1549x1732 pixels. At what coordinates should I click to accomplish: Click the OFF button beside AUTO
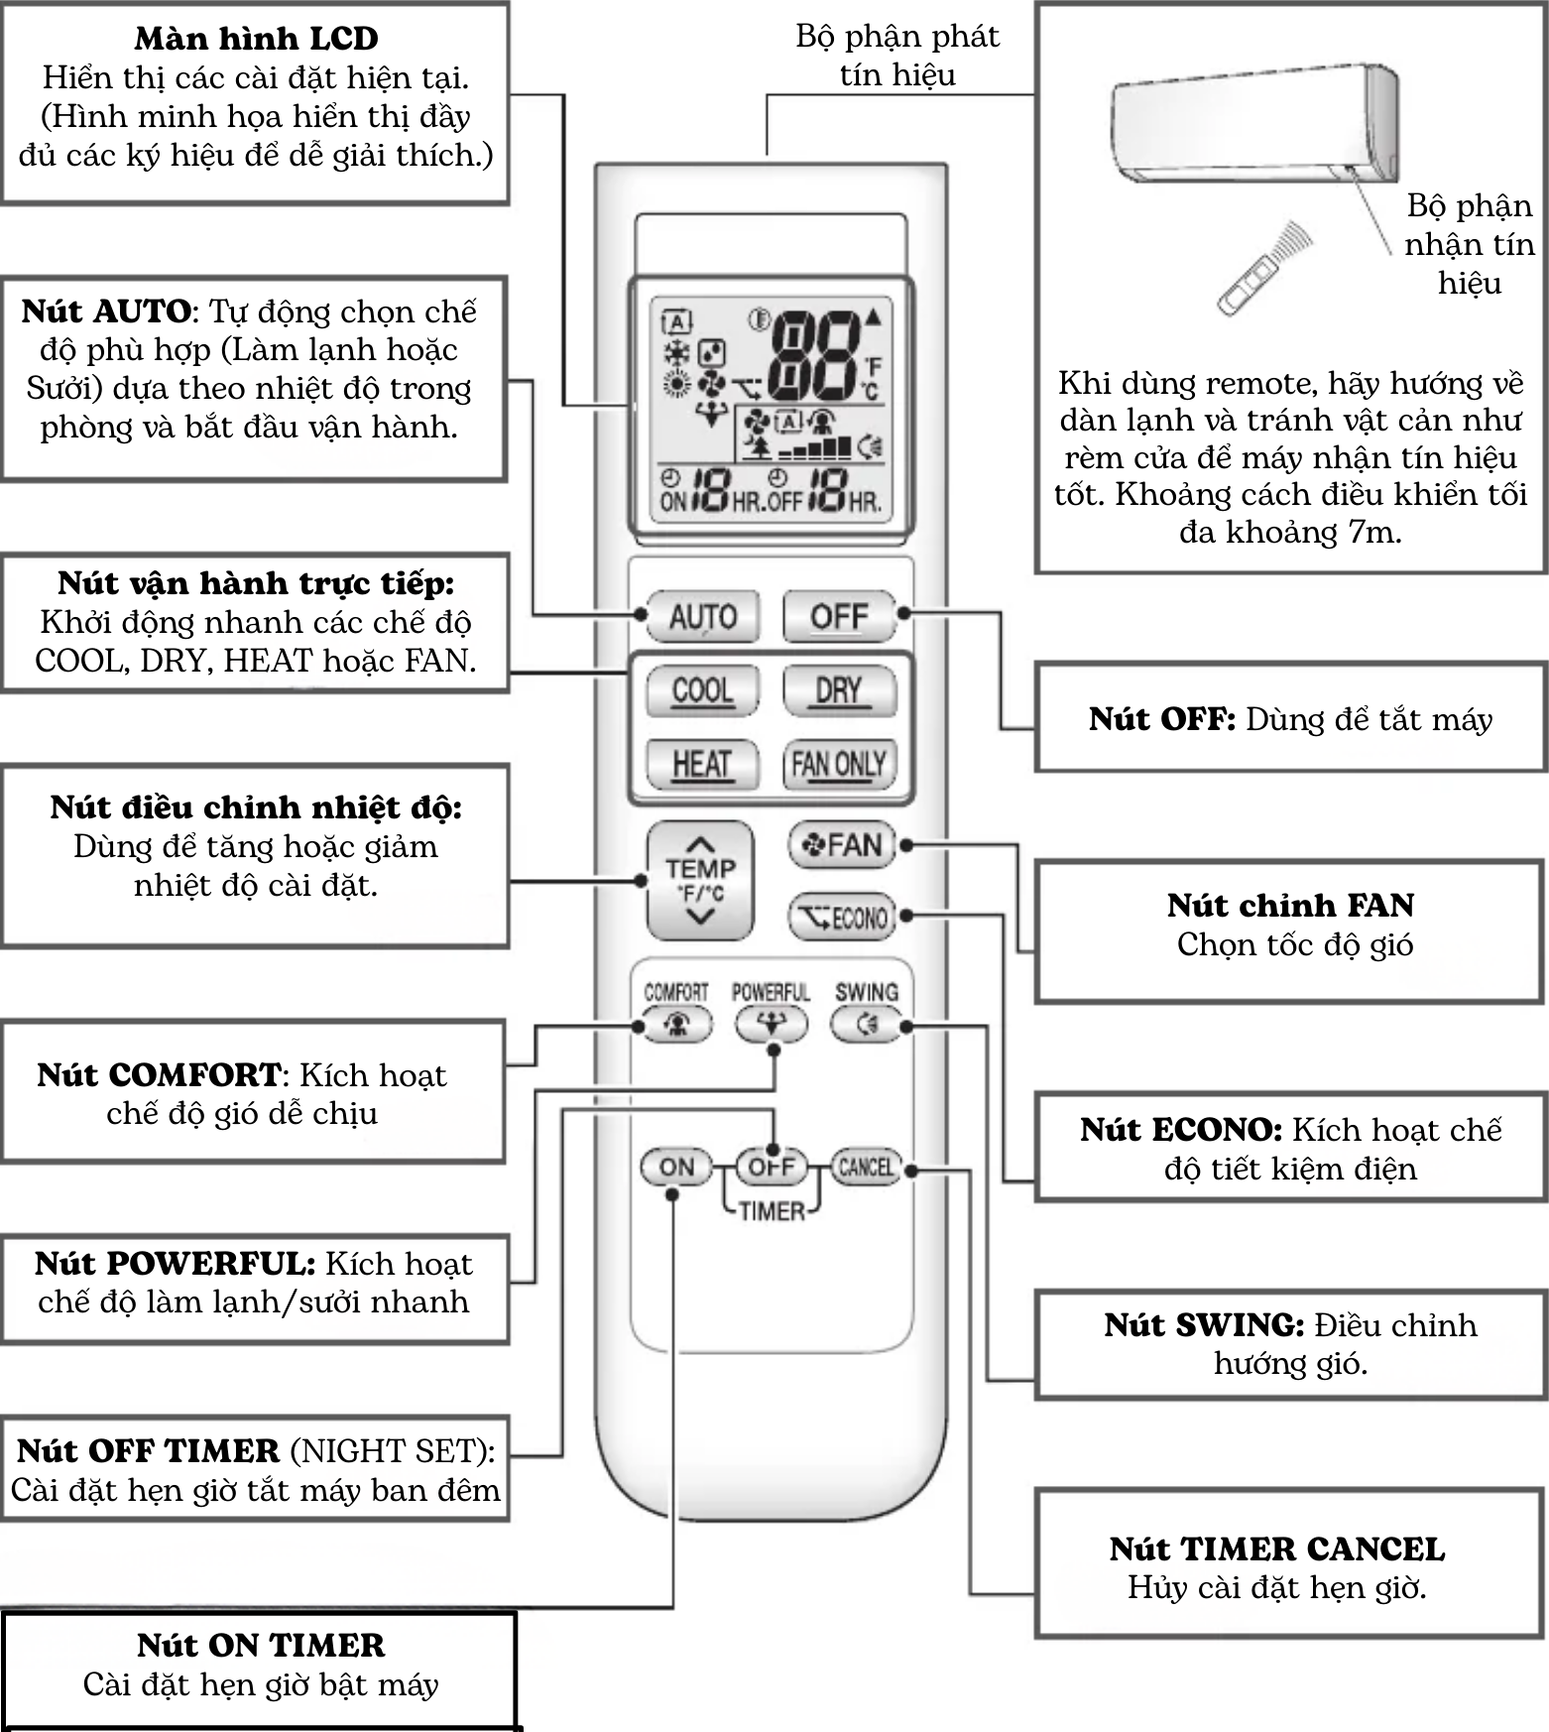(838, 617)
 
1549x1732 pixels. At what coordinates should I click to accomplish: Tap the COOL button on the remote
(702, 689)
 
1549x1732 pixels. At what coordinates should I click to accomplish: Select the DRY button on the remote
(838, 689)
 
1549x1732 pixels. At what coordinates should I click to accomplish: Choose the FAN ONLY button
(838, 764)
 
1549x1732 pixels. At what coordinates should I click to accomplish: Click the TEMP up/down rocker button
(700, 880)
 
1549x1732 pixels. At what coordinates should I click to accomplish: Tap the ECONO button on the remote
(841, 918)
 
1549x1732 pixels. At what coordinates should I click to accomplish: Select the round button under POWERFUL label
(771, 1024)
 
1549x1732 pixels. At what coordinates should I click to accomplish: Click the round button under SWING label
(866, 1024)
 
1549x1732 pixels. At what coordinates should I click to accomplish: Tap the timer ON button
(676, 1167)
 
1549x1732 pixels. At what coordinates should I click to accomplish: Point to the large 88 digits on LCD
(815, 355)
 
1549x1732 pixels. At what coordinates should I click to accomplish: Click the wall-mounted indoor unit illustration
(1255, 124)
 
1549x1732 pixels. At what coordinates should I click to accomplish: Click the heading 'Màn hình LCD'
(256, 39)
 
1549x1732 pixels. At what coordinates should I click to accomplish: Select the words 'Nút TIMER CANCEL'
(1277, 1548)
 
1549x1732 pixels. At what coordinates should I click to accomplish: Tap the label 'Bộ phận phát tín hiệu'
(896, 56)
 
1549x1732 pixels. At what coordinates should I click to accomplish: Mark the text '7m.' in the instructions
(1374, 533)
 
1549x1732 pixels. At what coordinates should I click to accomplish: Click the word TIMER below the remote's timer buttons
(772, 1211)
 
